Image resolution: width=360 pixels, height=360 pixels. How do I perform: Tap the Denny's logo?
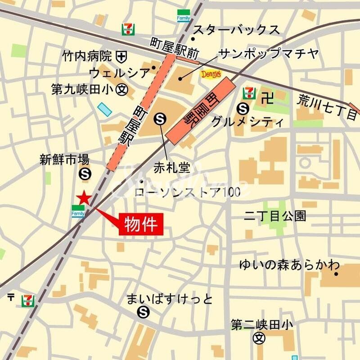[210, 74]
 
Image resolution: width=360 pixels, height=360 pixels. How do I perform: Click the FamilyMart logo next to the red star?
[78, 211]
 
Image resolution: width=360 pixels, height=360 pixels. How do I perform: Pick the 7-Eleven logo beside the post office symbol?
[28, 301]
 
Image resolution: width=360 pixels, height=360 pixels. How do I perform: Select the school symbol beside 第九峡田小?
[121, 89]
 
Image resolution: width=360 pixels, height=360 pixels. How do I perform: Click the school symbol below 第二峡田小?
[258, 337]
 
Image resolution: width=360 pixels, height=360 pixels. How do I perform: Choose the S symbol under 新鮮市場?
[84, 173]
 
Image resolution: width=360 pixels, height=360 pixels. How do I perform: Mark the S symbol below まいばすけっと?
[144, 311]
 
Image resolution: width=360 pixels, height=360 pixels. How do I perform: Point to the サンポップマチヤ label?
[268, 55]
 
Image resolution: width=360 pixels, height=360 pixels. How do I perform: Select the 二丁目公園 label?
[274, 216]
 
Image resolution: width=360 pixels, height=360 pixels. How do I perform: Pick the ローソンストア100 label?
[187, 192]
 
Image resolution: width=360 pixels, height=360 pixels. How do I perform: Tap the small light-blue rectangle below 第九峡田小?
[104, 109]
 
